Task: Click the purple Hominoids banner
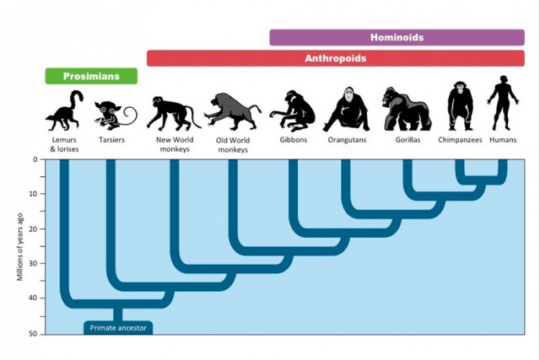(397, 37)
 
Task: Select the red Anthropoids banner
(336, 58)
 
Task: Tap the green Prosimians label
(91, 76)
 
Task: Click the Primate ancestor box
(118, 328)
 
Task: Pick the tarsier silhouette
(116, 116)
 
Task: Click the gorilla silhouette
(407, 109)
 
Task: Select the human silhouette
(503, 103)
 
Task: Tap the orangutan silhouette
(347, 110)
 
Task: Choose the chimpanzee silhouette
(461, 106)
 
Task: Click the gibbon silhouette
(293, 111)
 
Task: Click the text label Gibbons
(294, 140)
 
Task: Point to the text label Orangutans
(347, 140)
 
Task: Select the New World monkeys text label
(175, 144)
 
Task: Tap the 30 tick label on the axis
(33, 263)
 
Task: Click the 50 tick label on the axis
(33, 334)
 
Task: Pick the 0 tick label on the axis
(35, 159)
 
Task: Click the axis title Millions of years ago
(20, 247)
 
